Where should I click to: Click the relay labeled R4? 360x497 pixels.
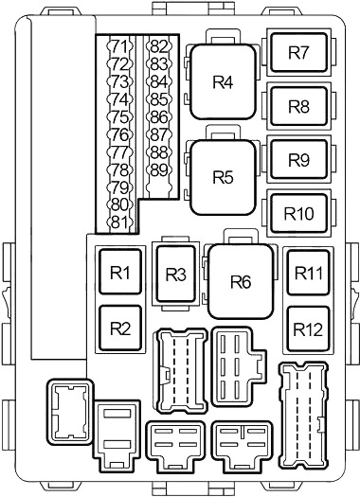[223, 81]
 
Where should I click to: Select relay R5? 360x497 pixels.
[223, 177]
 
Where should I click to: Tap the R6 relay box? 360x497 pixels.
[241, 281]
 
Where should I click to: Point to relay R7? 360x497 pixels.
[298, 52]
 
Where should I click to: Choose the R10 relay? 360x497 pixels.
[298, 213]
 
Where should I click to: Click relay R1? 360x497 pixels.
[120, 272]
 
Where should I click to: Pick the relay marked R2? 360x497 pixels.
[120, 328]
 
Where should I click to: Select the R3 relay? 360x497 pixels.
[175, 275]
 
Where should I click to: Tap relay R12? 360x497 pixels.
[308, 329]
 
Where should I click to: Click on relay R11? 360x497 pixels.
[308, 273]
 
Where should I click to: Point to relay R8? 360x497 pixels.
[298, 106]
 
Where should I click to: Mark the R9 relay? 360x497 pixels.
[298, 160]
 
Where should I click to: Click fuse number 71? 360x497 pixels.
[119, 47]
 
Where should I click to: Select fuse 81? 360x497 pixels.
[119, 222]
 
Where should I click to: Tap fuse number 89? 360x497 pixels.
[159, 170]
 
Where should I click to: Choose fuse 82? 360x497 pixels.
[159, 47]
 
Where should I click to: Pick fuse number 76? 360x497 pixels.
[119, 135]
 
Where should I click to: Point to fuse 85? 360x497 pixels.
[159, 99]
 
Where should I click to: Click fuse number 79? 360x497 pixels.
[119, 187]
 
